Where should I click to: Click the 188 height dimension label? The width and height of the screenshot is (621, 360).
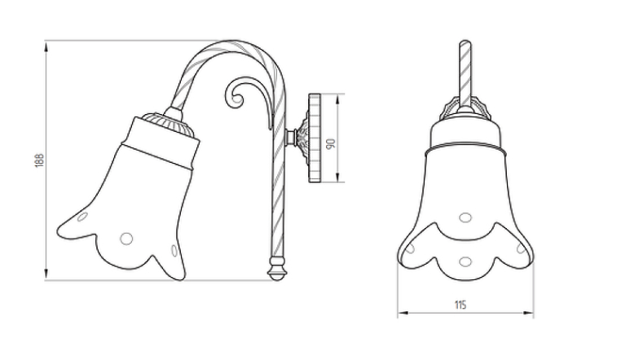(39, 160)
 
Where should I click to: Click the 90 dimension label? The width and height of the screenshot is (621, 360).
(330, 143)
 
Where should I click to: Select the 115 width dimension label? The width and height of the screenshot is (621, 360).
(460, 305)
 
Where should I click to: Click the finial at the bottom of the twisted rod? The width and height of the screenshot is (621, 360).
(277, 269)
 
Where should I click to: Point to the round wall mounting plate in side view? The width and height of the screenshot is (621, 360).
(315, 138)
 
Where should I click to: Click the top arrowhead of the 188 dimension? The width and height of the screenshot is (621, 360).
(46, 47)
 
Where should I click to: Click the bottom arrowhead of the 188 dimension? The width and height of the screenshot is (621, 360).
(46, 274)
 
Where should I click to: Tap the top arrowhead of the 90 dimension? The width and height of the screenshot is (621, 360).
(338, 99)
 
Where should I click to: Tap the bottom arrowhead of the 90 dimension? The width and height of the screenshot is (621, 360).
(338, 177)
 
